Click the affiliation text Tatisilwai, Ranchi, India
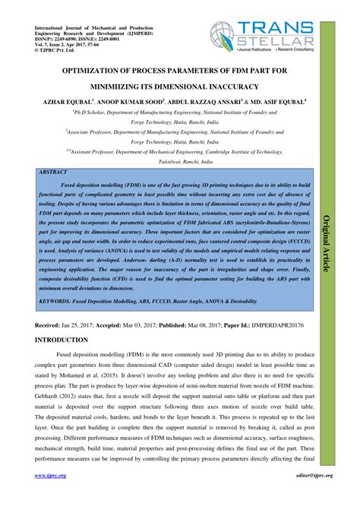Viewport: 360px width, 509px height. coord(179,162)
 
